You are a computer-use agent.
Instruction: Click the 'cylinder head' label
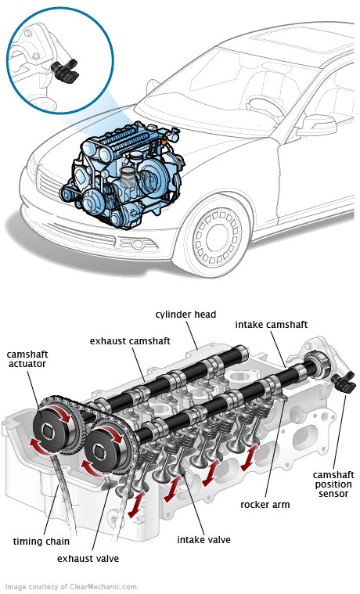point(185,315)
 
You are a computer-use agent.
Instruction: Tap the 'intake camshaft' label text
point(272,325)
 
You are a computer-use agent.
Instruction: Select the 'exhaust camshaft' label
point(130,341)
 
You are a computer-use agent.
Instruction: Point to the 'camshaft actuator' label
point(27,359)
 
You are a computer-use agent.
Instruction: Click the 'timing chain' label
point(41,542)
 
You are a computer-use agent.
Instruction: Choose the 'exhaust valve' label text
point(88,558)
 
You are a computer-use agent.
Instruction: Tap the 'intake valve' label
point(203,539)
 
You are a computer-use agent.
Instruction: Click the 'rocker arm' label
point(265,505)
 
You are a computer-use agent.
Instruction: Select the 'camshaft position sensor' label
point(333,484)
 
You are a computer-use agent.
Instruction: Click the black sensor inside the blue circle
point(65,70)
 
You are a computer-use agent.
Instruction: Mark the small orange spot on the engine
point(164,142)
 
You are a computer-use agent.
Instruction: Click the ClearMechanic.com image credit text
point(71,587)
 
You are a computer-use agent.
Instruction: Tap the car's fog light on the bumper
point(137,243)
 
